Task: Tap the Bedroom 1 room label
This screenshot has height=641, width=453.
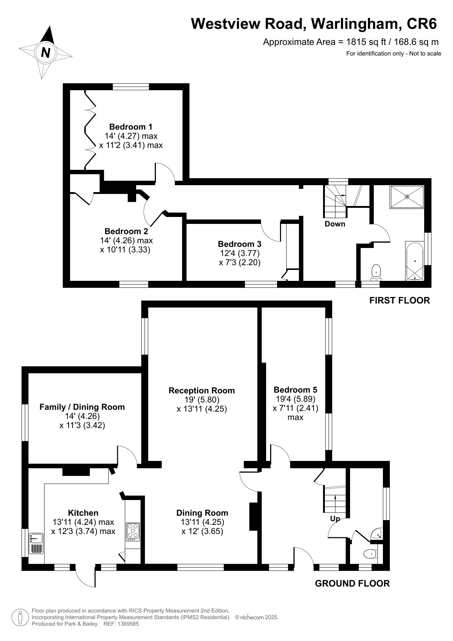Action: [x=131, y=127]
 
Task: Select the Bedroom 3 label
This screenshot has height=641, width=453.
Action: [x=239, y=244]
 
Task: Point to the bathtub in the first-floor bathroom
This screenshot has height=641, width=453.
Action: [x=415, y=261]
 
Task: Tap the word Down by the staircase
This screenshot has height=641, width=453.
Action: [x=335, y=224]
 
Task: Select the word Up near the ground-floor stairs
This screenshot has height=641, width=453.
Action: [x=335, y=519]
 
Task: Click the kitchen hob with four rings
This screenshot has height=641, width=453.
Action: [x=133, y=532]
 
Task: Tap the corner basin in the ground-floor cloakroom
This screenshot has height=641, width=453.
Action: [x=376, y=534]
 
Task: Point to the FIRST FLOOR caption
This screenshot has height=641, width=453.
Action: [x=400, y=300]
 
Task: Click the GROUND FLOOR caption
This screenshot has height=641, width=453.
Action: [x=352, y=583]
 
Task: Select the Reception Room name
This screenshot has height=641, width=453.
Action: [x=201, y=390]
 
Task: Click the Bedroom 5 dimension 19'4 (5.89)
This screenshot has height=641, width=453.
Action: [x=295, y=399]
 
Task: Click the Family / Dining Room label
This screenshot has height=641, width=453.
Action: [x=82, y=407]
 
